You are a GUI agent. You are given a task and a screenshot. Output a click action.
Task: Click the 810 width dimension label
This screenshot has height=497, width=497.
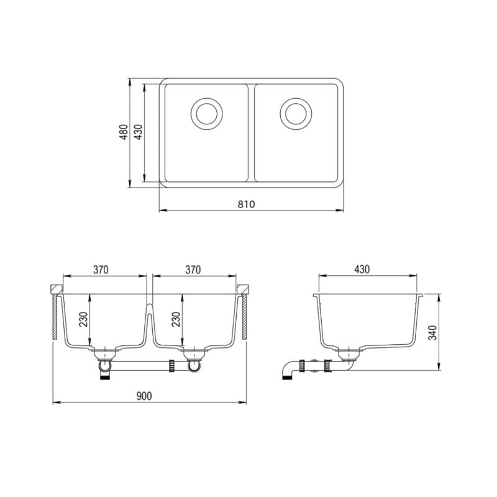click(x=246, y=204)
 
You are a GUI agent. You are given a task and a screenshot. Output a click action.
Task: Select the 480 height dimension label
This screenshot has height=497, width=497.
click(x=124, y=132)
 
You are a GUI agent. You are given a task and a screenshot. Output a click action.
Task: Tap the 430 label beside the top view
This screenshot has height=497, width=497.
click(x=139, y=132)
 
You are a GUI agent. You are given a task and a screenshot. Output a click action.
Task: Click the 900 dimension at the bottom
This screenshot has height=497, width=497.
click(x=144, y=396)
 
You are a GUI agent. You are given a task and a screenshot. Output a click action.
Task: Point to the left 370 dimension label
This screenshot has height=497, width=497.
click(x=101, y=270)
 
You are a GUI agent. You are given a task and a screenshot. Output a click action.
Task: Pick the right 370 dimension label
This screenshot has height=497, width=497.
click(x=193, y=270)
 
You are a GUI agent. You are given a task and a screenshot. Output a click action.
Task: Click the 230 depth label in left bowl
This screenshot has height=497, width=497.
click(x=83, y=319)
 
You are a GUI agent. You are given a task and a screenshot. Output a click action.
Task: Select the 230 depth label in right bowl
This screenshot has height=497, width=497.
click(x=176, y=319)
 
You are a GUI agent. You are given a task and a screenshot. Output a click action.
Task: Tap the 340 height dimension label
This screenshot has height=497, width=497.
click(x=432, y=332)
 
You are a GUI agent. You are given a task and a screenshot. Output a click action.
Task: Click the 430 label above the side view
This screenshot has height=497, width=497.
click(x=362, y=270)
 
